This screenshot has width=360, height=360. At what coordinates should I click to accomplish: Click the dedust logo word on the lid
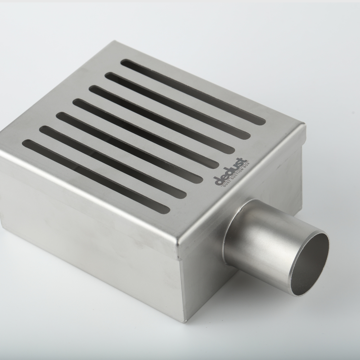tap(230, 171)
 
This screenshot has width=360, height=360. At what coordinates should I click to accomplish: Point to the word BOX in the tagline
tap(246, 166)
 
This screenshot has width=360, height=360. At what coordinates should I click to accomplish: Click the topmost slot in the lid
tap(193, 92)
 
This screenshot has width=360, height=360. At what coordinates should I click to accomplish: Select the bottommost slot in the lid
tap(96, 176)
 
